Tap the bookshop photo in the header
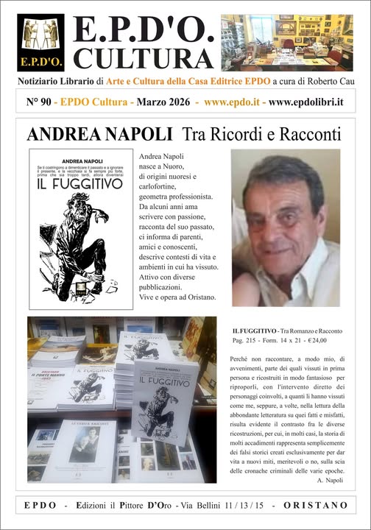[x=286, y=42]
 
